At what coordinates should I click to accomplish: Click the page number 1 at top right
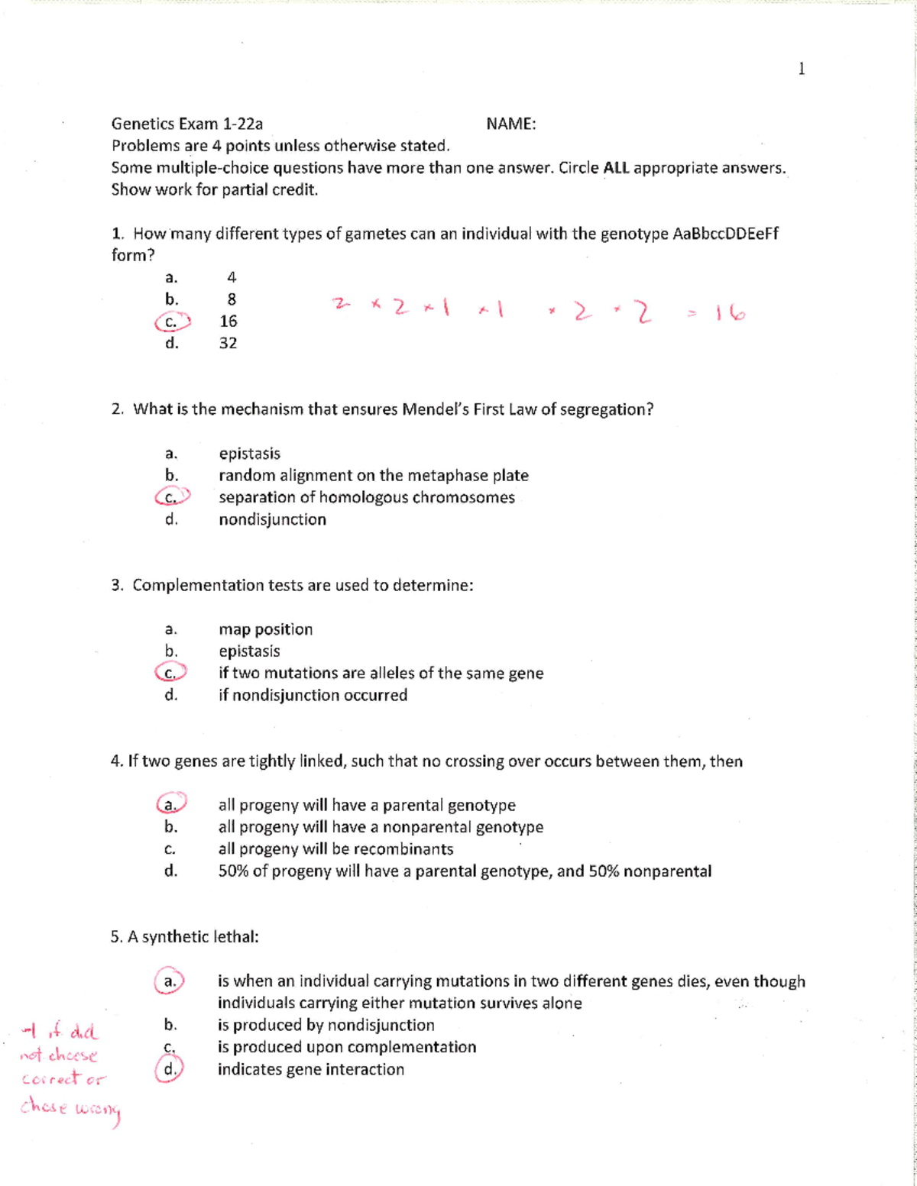click(x=801, y=69)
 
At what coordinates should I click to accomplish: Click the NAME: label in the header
click(x=510, y=124)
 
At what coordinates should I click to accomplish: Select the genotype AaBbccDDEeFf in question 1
click(x=725, y=234)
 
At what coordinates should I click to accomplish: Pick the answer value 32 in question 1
click(x=228, y=344)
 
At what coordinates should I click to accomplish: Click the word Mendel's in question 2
click(x=435, y=409)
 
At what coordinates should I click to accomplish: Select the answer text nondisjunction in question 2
click(x=272, y=519)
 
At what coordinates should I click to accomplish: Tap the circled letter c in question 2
click(x=171, y=498)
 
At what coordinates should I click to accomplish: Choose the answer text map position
click(x=265, y=629)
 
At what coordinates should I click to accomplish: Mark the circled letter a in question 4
click(x=171, y=804)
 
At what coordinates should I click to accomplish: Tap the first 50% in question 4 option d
click(x=233, y=871)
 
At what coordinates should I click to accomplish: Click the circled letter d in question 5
click(x=170, y=1069)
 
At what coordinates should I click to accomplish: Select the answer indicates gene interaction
click(x=310, y=1069)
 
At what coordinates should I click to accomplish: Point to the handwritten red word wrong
click(x=98, y=1110)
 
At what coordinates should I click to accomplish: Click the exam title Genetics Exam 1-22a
click(x=187, y=124)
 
